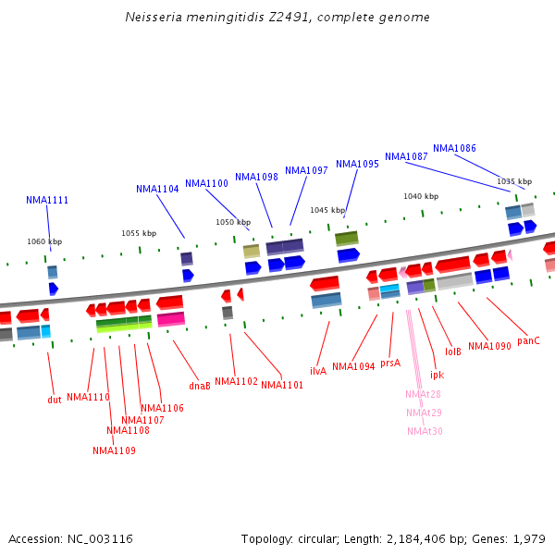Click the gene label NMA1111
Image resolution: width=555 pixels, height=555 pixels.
47,200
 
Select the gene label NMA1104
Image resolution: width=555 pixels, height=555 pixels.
157,189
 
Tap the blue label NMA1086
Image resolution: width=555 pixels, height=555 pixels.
454,148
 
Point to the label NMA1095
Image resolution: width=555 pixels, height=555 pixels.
357,164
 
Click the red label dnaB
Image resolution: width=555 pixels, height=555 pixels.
200,386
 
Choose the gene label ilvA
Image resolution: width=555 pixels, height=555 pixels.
317,371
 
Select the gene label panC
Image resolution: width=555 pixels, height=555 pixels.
528,340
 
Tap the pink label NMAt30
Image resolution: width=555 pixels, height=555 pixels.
425,431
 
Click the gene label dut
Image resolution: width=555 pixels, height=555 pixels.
55,400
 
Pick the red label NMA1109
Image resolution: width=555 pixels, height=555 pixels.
114,450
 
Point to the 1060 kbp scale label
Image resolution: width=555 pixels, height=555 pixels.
44,241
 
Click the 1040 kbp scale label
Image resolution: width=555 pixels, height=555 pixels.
420,196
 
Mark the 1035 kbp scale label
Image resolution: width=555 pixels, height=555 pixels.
514,181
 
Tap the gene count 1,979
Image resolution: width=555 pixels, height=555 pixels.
529,538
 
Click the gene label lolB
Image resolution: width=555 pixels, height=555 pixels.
453,351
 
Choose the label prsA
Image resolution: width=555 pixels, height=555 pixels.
390,363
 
